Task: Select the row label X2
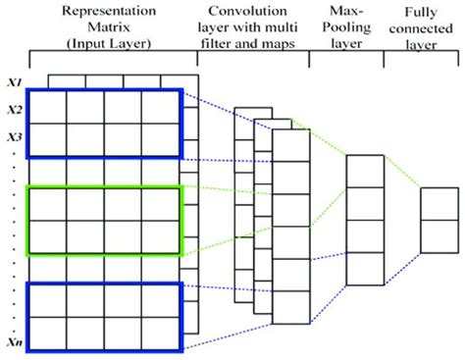point(13,109)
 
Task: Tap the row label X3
point(13,135)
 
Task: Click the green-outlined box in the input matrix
point(104,222)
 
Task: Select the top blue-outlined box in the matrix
point(104,124)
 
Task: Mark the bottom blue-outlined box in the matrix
point(104,317)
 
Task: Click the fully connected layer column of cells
point(439,225)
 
